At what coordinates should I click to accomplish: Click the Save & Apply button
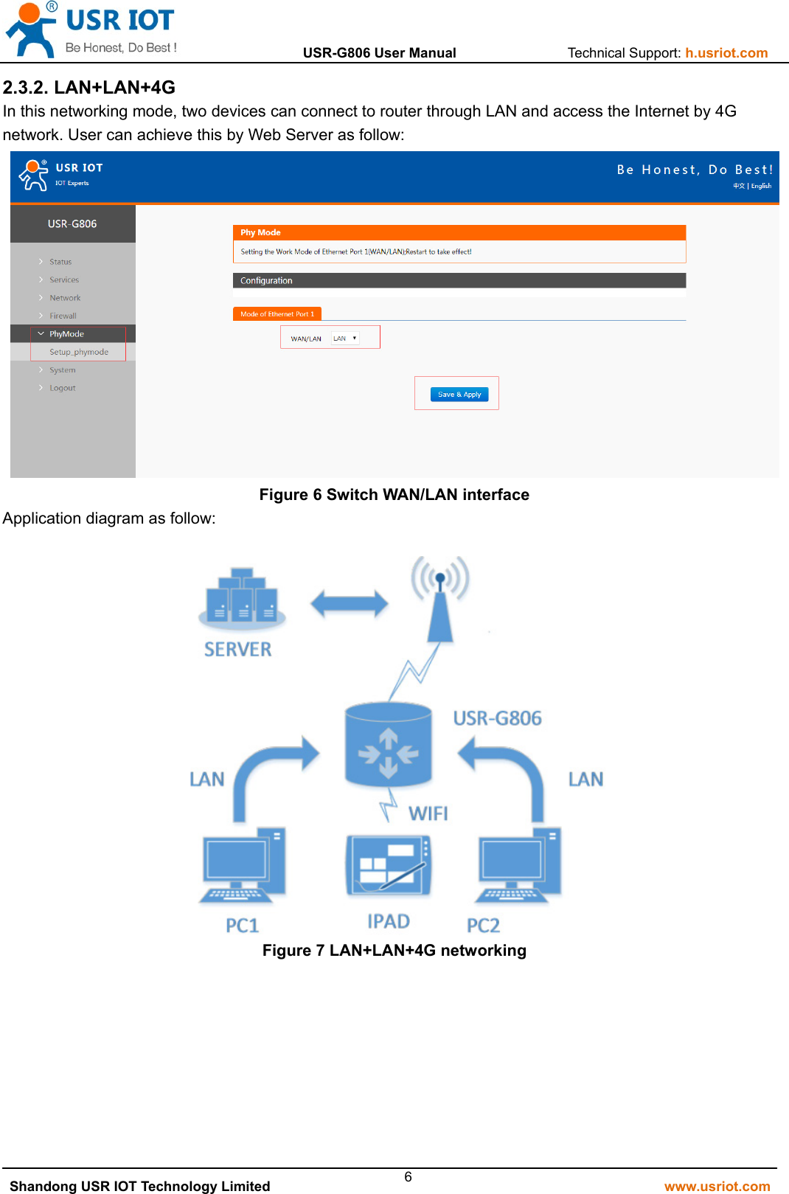(459, 395)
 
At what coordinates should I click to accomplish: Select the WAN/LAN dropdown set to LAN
(344, 339)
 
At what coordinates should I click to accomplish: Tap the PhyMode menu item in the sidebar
(66, 334)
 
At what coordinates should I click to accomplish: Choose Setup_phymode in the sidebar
(79, 353)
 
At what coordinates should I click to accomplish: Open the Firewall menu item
(63, 316)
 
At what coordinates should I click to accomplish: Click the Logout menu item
(63, 388)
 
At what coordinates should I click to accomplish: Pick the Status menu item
(60, 262)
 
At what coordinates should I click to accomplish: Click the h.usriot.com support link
(726, 53)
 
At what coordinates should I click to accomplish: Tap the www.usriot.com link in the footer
(717, 1186)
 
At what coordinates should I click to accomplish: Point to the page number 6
(408, 1177)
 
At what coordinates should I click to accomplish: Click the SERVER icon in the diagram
(242, 598)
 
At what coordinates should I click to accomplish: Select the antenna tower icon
(440, 598)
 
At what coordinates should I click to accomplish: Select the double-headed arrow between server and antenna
(349, 604)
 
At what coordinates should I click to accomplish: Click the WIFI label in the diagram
(428, 813)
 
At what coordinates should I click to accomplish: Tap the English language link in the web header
(761, 186)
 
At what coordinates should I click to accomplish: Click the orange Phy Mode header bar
(459, 232)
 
